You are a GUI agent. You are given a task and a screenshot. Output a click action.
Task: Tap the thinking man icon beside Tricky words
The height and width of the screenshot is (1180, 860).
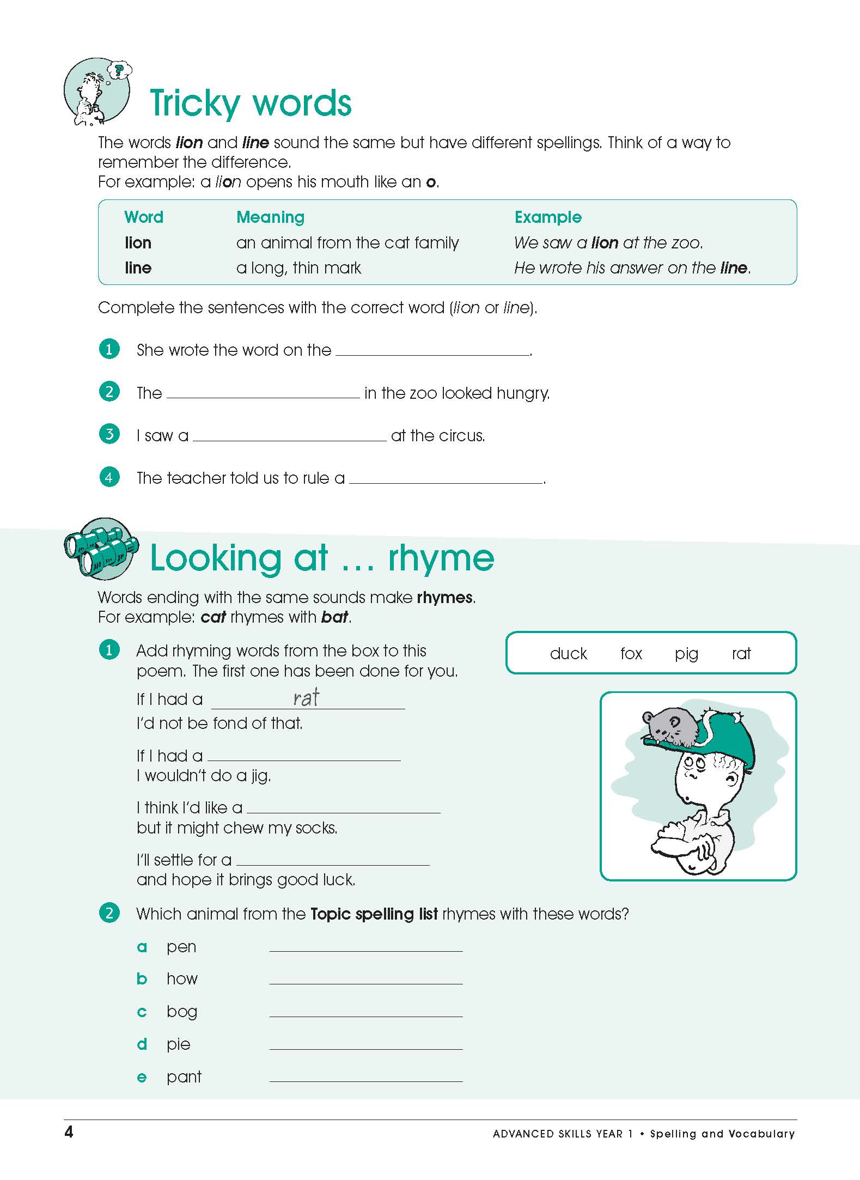97,92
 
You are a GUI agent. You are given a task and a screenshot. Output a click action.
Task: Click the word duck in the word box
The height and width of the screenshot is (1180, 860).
568,653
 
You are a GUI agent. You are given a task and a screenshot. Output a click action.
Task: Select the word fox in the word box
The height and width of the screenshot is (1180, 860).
631,653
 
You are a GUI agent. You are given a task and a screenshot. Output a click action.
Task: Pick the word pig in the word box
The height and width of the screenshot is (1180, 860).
686,654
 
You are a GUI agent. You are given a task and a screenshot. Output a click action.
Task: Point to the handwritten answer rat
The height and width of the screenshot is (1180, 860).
306,698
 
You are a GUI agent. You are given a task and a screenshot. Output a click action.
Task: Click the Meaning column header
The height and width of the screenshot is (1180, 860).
270,217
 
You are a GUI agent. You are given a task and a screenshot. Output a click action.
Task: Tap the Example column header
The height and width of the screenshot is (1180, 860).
548,217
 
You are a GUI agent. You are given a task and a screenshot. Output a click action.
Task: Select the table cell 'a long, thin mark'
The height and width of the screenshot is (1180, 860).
298,268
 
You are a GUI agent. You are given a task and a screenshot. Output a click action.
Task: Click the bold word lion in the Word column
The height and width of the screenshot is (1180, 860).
138,243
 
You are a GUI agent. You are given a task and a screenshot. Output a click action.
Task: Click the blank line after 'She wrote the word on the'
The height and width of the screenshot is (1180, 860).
433,351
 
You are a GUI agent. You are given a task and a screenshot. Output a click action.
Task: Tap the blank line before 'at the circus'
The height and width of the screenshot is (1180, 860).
290,437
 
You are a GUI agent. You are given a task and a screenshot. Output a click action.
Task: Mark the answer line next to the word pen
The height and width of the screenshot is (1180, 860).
366,948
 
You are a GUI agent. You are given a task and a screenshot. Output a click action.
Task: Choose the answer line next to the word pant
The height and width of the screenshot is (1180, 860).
366,1079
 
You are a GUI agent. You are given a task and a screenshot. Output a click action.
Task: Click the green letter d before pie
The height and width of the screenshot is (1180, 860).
142,1044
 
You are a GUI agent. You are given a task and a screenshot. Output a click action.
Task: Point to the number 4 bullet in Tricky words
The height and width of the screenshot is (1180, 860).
109,478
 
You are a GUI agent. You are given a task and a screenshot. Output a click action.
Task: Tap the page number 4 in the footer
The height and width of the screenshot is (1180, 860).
69,1133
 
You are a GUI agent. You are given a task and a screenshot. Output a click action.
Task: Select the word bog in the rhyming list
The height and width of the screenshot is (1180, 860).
182,1012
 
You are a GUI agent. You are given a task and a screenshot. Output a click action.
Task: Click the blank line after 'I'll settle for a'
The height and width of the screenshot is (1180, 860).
333,862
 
